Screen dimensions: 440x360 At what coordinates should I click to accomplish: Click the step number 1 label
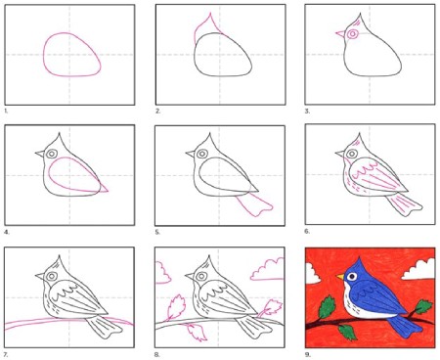pos(6,112)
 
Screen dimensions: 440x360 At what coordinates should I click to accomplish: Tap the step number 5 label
pos(157,233)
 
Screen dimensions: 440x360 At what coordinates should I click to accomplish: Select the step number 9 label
pos(308,354)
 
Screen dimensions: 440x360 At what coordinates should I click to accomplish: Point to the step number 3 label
pos(307,112)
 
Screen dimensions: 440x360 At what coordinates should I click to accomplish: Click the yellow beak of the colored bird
pos(340,277)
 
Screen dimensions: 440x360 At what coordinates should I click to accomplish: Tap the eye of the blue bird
pos(352,277)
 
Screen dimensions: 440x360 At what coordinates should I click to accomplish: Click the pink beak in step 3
pos(340,33)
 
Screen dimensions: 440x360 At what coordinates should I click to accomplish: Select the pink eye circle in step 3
pos(352,34)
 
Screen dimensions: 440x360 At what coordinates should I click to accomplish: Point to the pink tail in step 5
pos(254,204)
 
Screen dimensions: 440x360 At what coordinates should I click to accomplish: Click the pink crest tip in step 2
pos(210,14)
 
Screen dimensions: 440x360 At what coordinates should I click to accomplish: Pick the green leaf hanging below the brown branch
pos(346,332)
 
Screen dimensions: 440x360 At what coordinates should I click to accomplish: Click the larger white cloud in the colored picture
pos(419,269)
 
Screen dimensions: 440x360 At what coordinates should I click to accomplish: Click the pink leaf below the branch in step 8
pos(198,333)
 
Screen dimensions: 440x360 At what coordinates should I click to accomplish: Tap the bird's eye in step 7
pos(52,276)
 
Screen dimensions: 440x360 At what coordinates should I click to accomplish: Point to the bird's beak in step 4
pos(40,154)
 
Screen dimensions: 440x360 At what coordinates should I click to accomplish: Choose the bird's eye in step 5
pos(202,154)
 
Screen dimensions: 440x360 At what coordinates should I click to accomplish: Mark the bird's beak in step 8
pos(190,276)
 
